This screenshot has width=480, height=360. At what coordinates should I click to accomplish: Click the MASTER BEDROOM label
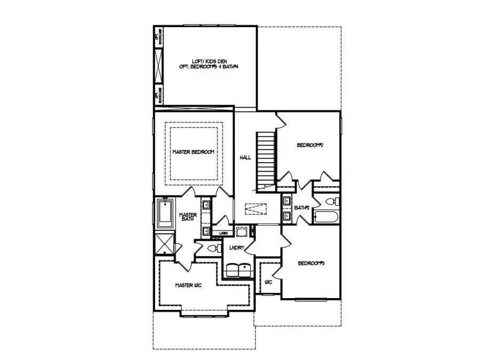[x=193, y=152]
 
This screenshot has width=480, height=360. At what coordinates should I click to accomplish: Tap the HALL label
[x=245, y=157]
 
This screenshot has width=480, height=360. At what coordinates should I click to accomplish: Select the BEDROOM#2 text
[x=311, y=145]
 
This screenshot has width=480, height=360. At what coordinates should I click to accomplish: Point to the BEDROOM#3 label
[x=311, y=263]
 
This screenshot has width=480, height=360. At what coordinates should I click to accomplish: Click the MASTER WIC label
[x=188, y=285]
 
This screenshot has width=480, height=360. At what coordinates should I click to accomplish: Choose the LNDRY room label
[x=236, y=248]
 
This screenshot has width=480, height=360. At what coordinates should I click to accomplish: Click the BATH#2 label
[x=302, y=207]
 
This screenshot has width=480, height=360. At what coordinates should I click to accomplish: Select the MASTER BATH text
[x=188, y=219]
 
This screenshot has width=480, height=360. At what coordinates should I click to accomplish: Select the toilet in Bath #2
[x=330, y=201]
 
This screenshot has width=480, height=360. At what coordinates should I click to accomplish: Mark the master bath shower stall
[x=164, y=244]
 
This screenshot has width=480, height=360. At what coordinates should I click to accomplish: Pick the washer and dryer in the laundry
[x=237, y=270]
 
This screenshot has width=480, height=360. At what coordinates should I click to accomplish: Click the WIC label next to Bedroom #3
[x=269, y=282]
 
